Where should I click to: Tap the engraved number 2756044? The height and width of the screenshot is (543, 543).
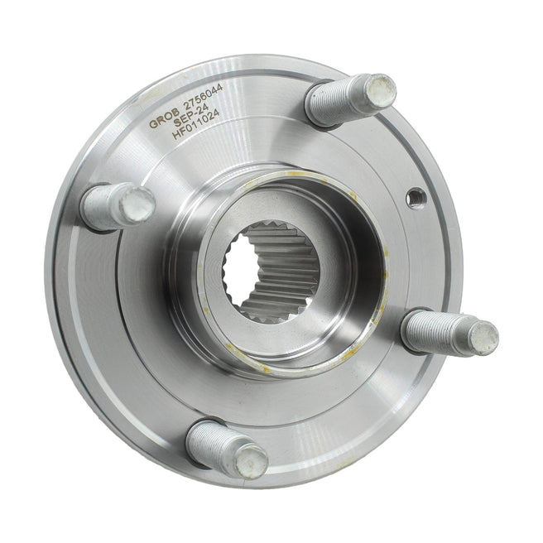[203, 97]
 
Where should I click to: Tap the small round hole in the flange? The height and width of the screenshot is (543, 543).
[416, 198]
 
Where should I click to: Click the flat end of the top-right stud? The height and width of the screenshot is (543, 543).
[381, 91]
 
